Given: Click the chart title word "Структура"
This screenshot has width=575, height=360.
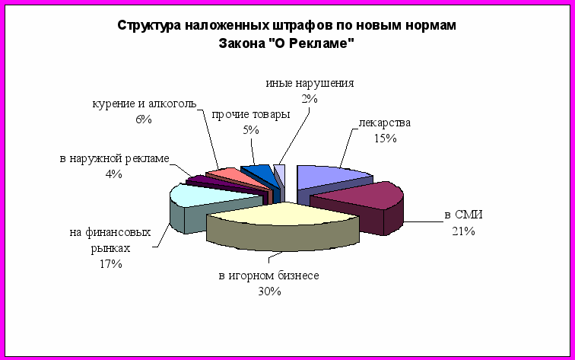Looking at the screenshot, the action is point(149,26).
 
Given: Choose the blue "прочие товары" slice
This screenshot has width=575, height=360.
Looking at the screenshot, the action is point(261,173).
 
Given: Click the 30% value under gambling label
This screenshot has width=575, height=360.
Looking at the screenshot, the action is point(269,292).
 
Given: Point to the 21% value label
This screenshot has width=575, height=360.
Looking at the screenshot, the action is point(463,231).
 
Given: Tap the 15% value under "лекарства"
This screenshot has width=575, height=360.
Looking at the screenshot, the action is point(386,139).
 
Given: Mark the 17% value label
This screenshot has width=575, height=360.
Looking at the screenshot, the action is point(111,264).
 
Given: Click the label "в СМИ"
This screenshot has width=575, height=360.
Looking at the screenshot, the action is point(463,215).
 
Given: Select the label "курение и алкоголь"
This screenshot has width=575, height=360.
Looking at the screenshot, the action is point(144,104).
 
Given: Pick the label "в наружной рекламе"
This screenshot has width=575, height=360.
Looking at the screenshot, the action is point(114,158).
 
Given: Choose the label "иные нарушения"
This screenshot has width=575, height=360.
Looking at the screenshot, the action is point(310,83).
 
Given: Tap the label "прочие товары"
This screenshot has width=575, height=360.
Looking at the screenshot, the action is point(251,114).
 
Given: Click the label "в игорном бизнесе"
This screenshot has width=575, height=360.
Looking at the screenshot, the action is point(268,276).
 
